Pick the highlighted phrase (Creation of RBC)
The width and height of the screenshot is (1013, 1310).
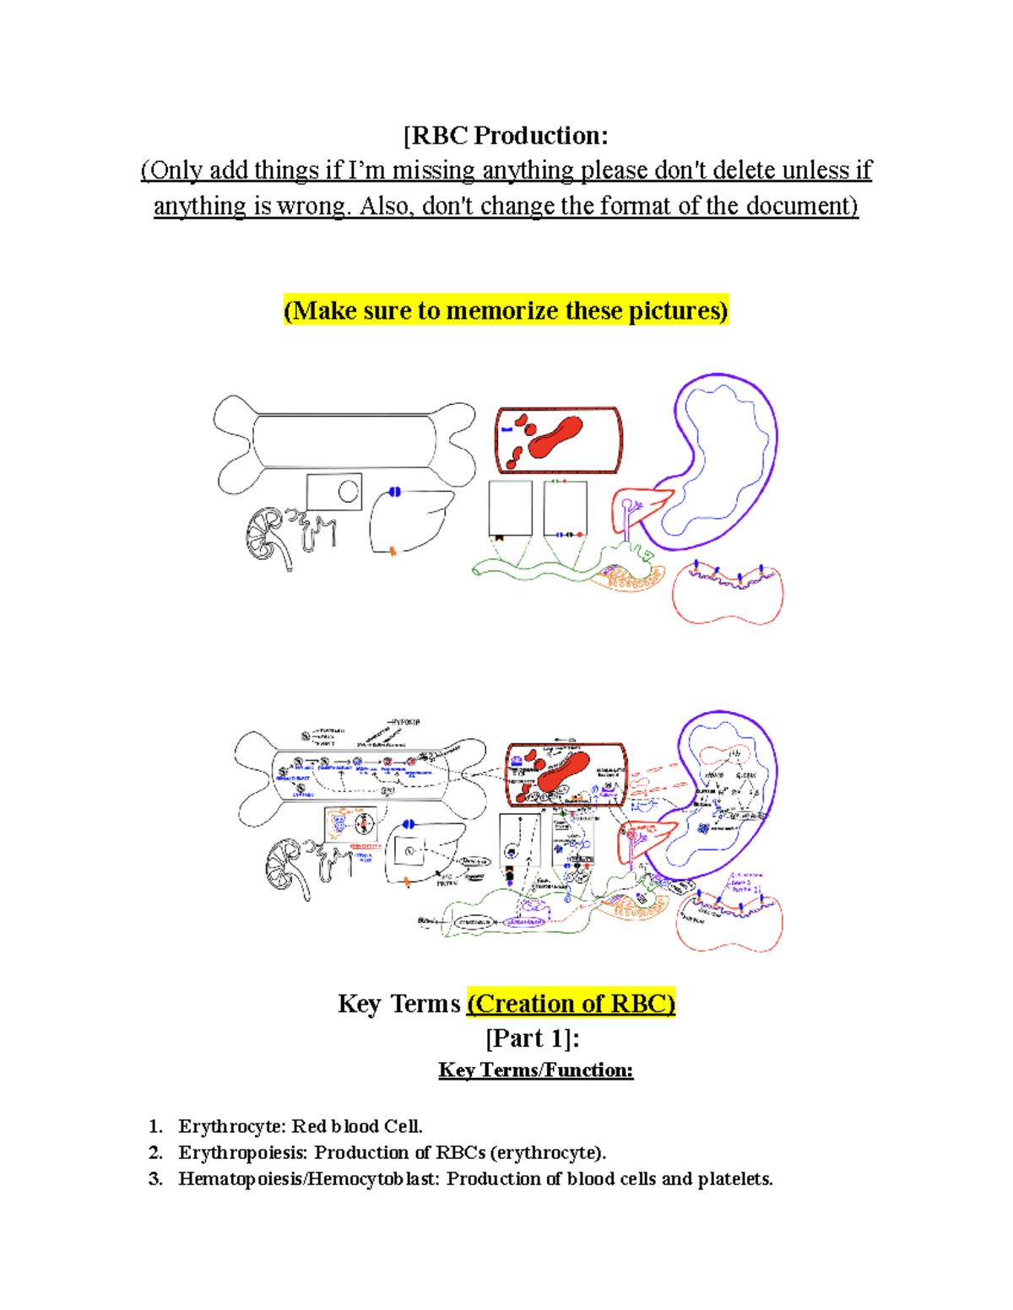pyautogui.click(x=571, y=1004)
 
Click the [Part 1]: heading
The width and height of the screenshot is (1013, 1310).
pyautogui.click(x=532, y=1038)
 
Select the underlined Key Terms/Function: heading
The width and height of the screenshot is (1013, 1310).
pyautogui.click(x=535, y=1070)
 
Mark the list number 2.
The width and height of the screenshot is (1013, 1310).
pyautogui.click(x=154, y=1153)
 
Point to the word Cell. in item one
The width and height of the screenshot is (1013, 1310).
pyautogui.click(x=403, y=1127)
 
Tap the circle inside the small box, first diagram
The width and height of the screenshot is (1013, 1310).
pyautogui.click(x=348, y=490)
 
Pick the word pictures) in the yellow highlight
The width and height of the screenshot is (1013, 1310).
pyautogui.click(x=685, y=311)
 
